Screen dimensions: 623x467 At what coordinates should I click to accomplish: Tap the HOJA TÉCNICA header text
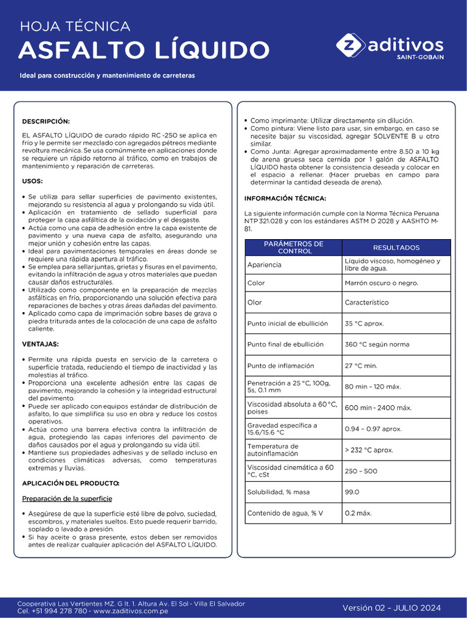[x=75, y=26]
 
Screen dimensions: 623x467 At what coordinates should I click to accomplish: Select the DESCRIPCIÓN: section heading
[x=46, y=121]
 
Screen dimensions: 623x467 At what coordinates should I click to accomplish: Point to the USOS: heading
[x=32, y=181]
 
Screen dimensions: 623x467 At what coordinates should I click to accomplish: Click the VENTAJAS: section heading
[x=40, y=344]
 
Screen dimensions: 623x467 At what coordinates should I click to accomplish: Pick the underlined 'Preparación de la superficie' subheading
[x=67, y=498]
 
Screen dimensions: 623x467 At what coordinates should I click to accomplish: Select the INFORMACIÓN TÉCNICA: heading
[x=285, y=198]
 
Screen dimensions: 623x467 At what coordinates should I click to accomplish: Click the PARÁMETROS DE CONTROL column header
[x=293, y=248]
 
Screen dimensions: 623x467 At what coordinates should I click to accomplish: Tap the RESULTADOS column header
[x=396, y=248]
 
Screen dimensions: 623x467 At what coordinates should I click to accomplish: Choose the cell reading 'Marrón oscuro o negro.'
[x=381, y=283]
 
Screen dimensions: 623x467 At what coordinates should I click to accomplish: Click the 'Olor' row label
[x=254, y=302]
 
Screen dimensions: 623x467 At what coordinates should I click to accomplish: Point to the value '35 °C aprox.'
[x=364, y=324]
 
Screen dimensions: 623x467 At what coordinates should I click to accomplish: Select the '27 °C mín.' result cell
[x=361, y=366]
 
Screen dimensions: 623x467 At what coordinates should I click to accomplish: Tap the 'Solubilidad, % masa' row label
[x=278, y=492]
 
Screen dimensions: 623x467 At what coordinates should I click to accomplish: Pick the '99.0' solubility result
[x=352, y=492]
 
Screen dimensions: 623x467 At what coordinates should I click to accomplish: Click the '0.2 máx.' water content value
[x=358, y=513]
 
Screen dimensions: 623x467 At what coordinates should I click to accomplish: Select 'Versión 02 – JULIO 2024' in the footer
[x=391, y=608]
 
